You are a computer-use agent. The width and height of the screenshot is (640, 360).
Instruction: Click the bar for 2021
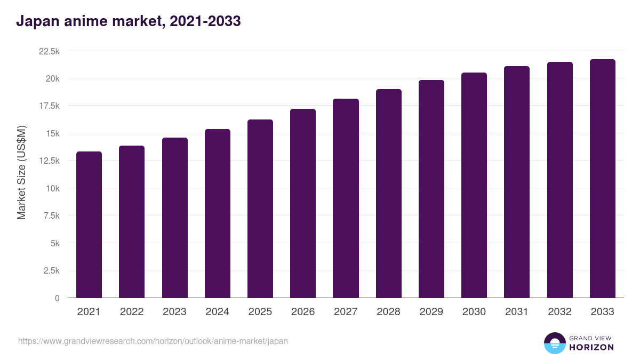[89, 225]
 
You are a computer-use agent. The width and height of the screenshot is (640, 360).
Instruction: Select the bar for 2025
[260, 209]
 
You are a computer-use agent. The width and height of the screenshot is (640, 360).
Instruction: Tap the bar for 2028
[388, 194]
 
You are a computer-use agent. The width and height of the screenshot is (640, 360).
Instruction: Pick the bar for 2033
[602, 179]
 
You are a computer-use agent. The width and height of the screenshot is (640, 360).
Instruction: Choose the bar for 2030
[474, 185]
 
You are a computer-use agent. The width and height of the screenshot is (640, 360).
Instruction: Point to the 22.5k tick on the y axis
[49, 51]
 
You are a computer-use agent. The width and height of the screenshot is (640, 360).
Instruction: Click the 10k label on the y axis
[52, 188]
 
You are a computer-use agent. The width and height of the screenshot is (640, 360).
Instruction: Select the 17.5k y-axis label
[49, 106]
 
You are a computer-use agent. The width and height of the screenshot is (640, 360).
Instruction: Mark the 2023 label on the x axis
[174, 312]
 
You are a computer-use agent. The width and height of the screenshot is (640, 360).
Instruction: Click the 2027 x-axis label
[346, 312]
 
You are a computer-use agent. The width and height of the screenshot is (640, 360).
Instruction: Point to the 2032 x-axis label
[559, 312]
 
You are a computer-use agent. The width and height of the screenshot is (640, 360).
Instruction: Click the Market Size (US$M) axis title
[21, 173]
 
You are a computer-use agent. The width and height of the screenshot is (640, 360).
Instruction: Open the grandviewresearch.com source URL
[153, 341]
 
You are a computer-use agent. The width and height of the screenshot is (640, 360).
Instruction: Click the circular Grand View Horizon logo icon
[554, 343]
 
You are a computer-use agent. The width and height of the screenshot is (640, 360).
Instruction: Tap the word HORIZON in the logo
[591, 347]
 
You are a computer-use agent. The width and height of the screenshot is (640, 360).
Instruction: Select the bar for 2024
[218, 213]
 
